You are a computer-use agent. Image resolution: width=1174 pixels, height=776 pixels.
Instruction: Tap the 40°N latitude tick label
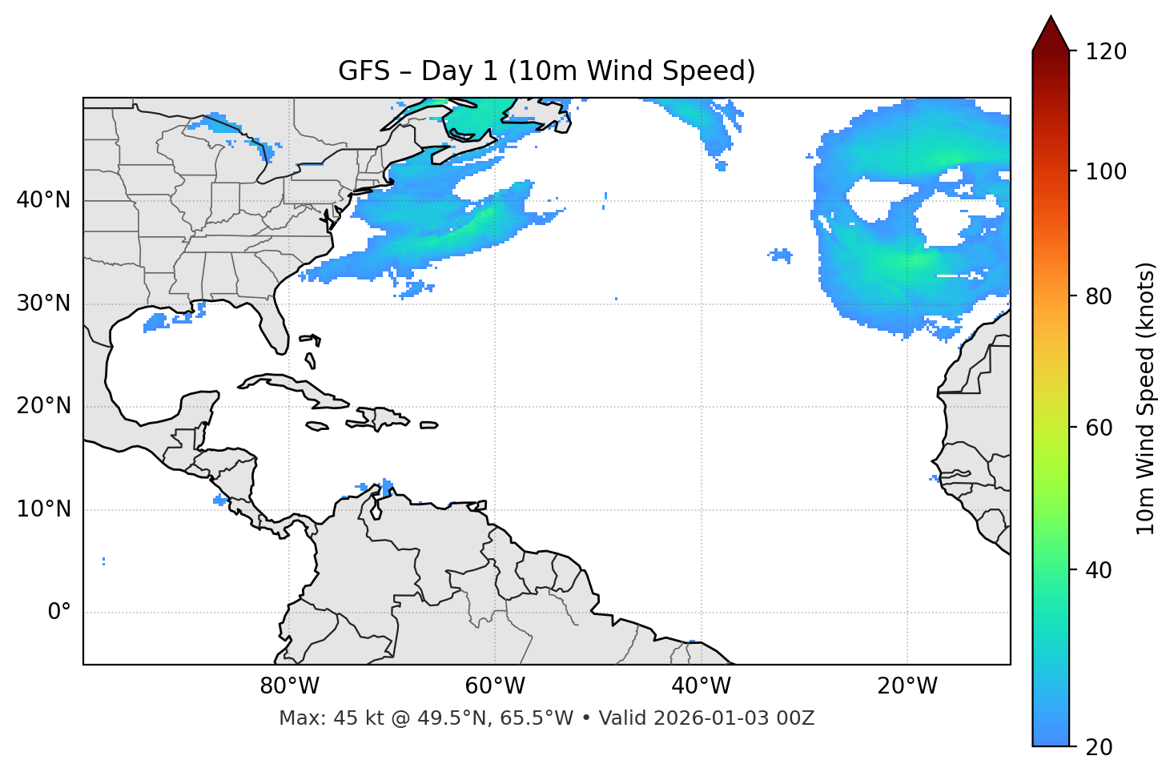(43, 200)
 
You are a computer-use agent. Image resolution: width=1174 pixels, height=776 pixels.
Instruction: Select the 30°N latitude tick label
(43, 304)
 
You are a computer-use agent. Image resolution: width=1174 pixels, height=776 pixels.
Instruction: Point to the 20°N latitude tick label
(43, 406)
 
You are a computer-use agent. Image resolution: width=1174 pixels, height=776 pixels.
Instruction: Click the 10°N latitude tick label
(43, 509)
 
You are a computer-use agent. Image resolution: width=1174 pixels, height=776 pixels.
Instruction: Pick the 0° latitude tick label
(58, 613)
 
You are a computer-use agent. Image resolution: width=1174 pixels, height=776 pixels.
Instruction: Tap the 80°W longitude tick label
(289, 686)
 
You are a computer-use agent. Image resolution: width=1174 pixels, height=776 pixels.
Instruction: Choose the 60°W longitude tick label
(495, 686)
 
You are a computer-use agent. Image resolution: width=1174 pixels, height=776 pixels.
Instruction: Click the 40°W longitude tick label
(701, 686)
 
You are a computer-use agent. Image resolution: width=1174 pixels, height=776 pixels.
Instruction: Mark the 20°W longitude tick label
(907, 686)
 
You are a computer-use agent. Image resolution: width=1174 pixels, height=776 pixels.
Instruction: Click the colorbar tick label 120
(1106, 52)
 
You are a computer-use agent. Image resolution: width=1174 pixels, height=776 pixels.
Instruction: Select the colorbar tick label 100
(1106, 171)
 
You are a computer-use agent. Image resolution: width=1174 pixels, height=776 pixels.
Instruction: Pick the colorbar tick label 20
(1099, 747)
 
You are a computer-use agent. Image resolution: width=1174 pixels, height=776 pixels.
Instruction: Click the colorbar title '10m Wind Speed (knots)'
(1146, 398)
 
